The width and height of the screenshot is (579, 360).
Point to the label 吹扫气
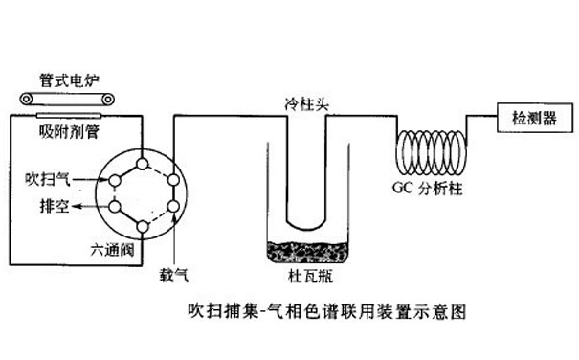tap(45, 178)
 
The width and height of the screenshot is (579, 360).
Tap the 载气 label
tap(172, 272)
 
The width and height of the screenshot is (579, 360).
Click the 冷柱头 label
tap(306, 102)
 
